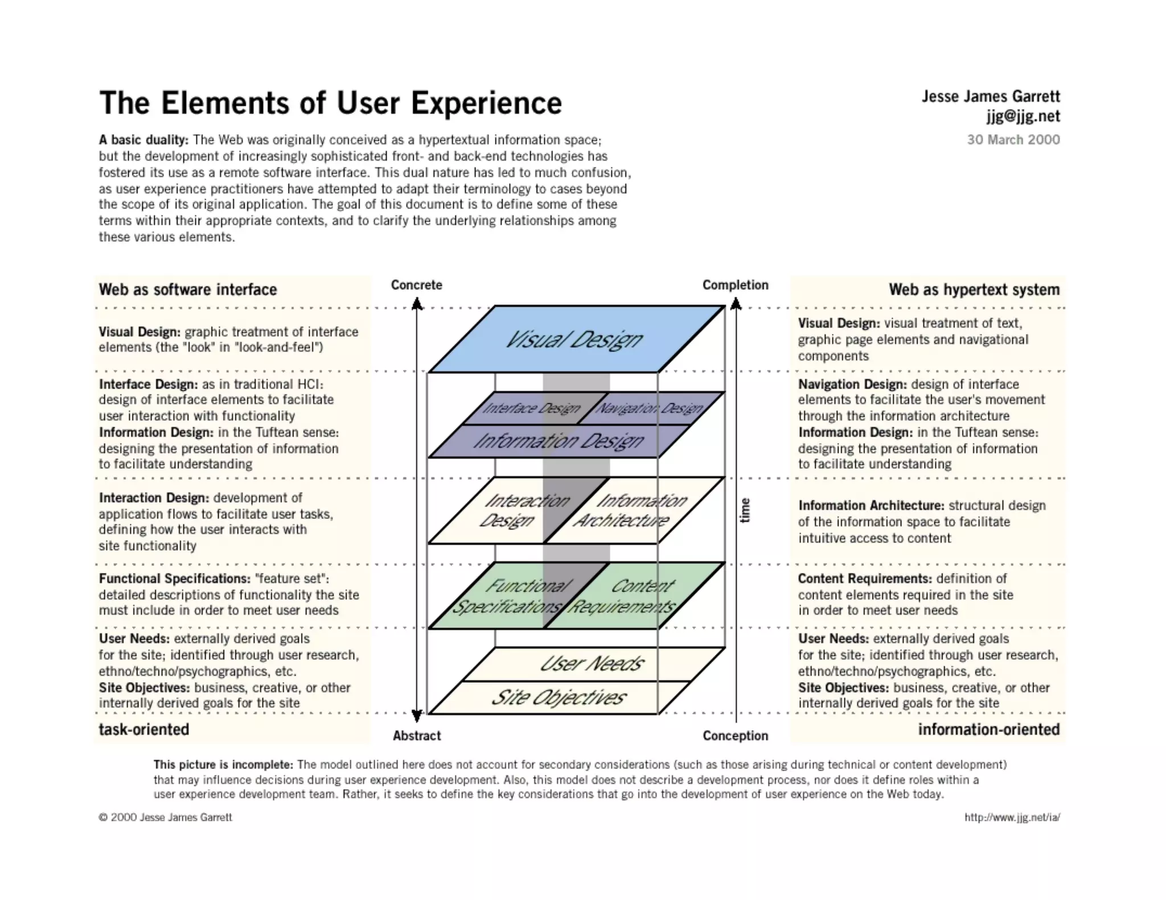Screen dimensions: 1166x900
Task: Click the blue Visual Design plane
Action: coord(575,339)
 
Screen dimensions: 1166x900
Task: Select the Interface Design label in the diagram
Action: coord(532,408)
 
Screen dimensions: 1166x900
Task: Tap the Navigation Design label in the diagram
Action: coord(649,408)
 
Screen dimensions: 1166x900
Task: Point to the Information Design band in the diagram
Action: coord(558,441)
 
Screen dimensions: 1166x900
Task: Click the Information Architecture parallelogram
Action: coord(632,510)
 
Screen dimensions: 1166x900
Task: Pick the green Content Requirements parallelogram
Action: coord(632,596)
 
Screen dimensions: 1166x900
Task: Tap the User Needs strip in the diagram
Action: coord(592,664)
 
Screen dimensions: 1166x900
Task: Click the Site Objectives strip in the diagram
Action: coord(558,697)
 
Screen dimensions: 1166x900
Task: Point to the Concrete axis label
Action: coord(416,285)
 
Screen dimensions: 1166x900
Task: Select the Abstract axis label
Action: coord(417,736)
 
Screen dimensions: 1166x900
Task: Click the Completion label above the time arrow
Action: coord(735,285)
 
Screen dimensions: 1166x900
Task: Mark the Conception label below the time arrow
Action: coord(735,736)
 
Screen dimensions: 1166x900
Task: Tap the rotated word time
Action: coord(745,510)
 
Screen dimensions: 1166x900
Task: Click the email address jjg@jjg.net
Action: coord(1023,117)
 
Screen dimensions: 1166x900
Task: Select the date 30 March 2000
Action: coord(1013,140)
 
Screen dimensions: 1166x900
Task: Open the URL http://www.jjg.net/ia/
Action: coord(1012,818)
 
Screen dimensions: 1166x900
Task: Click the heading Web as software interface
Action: coord(188,290)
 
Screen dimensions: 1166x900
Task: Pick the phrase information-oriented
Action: coord(988,729)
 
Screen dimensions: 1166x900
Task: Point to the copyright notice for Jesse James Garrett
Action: coord(166,818)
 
